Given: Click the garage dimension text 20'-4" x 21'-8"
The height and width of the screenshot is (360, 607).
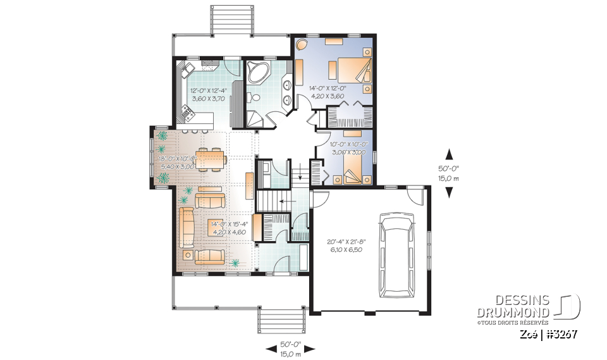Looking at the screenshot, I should tap(346, 245).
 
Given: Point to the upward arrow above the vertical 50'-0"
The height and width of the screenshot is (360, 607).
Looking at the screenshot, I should tap(450, 154).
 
